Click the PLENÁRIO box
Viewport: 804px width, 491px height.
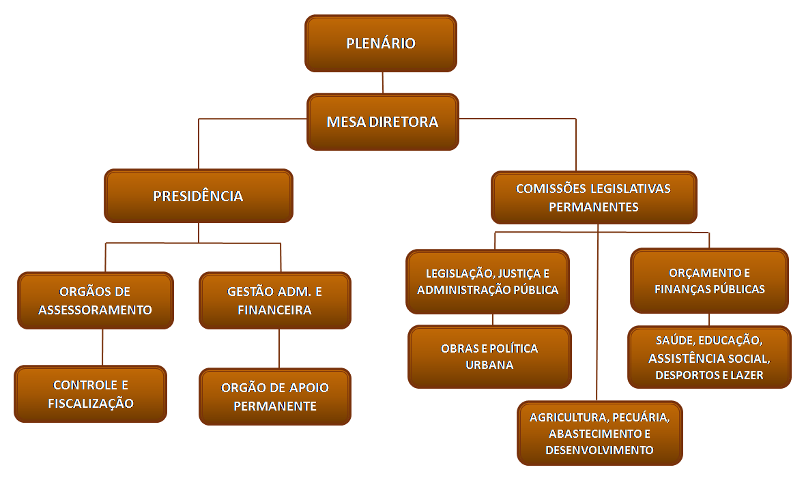pos(380,44)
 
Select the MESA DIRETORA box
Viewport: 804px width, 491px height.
pos(382,122)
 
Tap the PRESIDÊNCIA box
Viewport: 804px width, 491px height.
pos(198,196)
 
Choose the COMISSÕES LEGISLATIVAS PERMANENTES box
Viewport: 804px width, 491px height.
pos(593,197)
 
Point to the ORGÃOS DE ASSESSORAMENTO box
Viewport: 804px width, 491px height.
pos(95,300)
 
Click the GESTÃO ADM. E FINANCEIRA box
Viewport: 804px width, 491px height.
pos(274,300)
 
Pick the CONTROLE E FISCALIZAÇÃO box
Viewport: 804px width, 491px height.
pos(90,393)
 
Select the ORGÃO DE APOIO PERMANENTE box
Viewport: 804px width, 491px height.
pos(274,396)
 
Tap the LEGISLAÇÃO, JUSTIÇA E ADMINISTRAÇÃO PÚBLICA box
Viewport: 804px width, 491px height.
pos(487,281)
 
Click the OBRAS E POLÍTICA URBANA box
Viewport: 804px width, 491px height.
pos(489,356)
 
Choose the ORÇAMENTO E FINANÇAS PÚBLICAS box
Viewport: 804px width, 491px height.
pos(709,280)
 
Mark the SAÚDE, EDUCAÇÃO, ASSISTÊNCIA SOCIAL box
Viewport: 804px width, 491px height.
pos(709,357)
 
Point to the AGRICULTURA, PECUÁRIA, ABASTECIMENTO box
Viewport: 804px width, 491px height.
pos(599,433)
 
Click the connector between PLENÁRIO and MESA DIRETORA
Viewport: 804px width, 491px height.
pos(382,83)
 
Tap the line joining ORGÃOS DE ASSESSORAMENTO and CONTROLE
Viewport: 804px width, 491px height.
pos(102,347)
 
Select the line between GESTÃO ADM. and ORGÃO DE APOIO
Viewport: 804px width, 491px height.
pos(278,348)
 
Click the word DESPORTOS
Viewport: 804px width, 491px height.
pos(685,375)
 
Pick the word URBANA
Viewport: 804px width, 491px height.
pos(489,365)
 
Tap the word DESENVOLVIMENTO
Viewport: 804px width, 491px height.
pos(599,450)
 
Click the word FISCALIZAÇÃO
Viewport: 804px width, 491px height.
pos(90,403)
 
